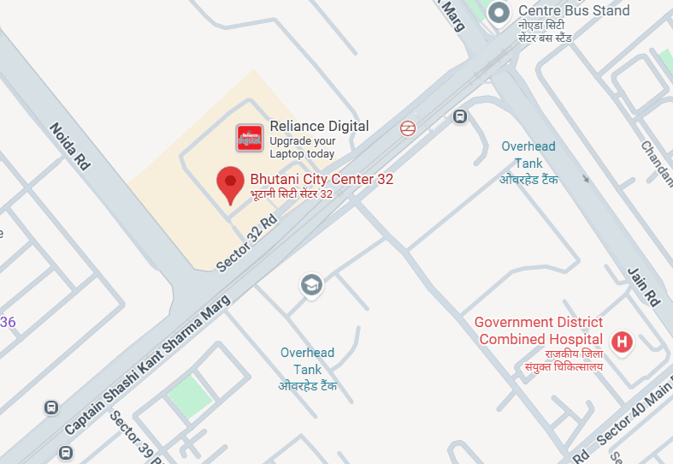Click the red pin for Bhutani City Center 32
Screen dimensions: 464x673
[229, 183]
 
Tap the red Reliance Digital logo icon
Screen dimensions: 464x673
[250, 137]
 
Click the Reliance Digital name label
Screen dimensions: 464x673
[319, 126]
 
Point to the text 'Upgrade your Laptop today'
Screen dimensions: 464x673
[302, 147]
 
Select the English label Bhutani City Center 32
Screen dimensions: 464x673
[322, 180]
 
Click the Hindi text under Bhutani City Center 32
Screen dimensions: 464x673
[291, 194]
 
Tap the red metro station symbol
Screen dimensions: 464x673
[408, 128]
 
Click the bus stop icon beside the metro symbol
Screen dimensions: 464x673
[460, 116]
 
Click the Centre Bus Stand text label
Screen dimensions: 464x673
[574, 11]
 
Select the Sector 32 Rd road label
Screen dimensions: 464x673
[247, 243]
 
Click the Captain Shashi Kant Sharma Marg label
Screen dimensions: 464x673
[147, 369]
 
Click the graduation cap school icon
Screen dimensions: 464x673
[311, 284]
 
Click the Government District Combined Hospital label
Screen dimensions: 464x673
[539, 330]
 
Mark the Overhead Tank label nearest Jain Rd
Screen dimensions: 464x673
[528, 155]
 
